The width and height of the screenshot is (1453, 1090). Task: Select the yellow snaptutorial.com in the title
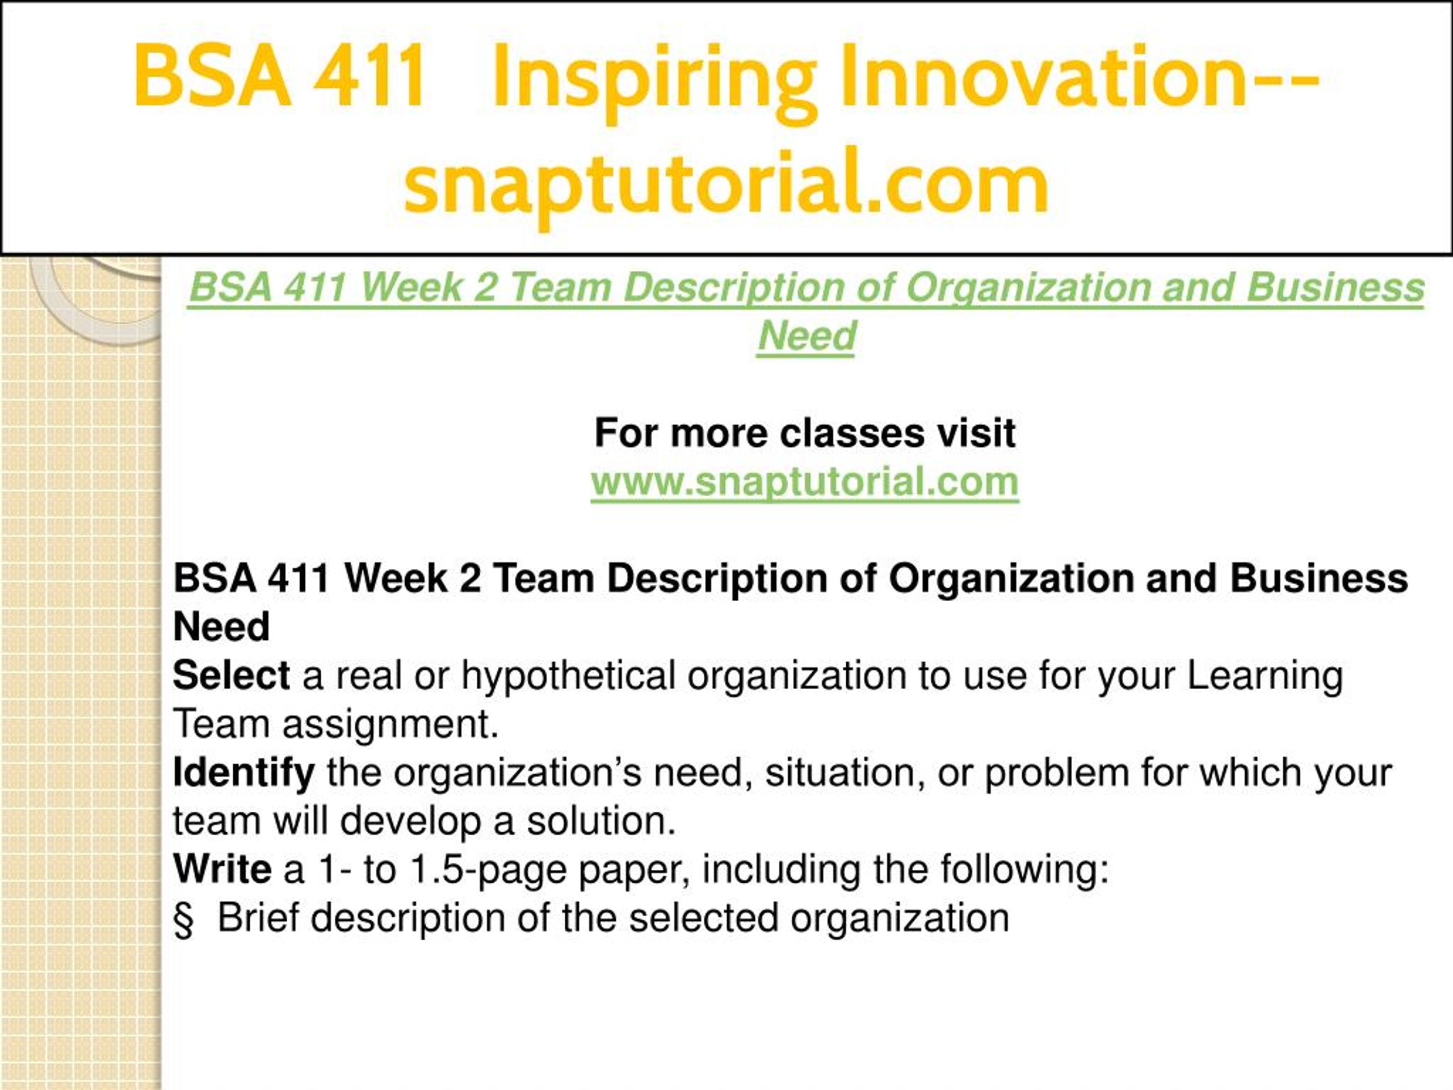(726, 181)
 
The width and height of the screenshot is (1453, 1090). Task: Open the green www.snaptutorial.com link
(805, 481)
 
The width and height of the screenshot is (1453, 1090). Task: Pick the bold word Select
(231, 676)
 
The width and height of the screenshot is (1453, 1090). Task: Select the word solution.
(601, 821)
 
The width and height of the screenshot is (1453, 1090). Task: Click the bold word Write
(222, 870)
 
